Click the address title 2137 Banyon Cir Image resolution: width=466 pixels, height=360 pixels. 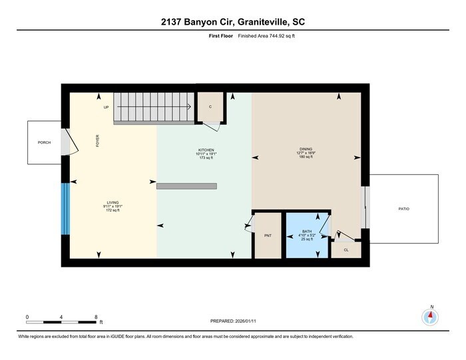[232, 22]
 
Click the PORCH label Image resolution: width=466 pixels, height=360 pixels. [44, 142]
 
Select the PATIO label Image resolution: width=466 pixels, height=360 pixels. [404, 209]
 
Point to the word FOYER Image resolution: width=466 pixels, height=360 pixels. [97, 141]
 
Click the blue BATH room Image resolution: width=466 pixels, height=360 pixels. [306, 234]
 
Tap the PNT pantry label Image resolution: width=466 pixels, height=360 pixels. [268, 236]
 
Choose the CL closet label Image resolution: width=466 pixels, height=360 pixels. [346, 250]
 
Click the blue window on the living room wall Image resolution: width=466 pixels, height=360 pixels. [65, 209]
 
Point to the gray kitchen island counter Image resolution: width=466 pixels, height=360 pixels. [186, 186]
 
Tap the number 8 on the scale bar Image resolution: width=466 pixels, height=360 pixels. [97, 317]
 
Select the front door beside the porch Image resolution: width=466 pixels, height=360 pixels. [65, 142]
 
